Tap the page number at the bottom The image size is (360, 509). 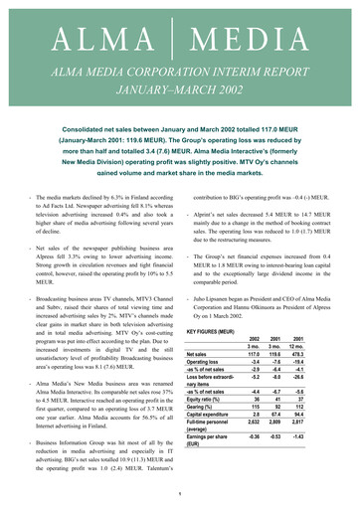click(x=179, y=496)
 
